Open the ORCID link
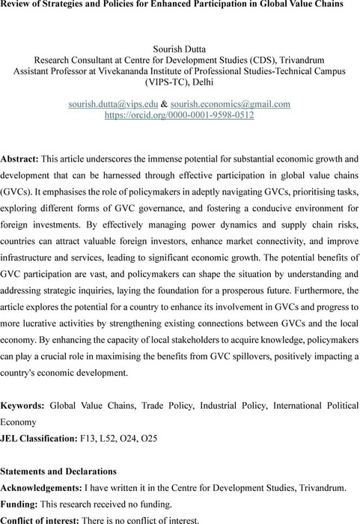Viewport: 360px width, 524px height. point(180,115)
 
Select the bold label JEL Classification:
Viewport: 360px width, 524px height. point(44,436)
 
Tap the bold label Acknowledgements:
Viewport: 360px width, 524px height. point(52,488)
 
